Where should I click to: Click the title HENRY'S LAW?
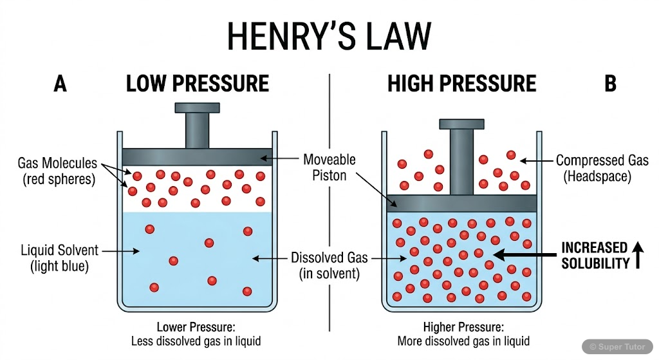tap(329, 36)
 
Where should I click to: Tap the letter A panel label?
tap(60, 84)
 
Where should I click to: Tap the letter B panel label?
tap(609, 84)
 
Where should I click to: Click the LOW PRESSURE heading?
tap(197, 84)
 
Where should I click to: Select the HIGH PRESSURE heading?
tap(461, 84)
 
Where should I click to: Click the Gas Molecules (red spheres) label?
tap(57, 171)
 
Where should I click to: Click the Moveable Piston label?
tap(329, 167)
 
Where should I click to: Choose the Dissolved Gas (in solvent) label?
tap(329, 265)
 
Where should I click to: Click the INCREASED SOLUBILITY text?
tap(594, 256)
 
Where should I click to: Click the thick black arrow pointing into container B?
tap(523, 256)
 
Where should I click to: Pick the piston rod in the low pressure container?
tap(196, 130)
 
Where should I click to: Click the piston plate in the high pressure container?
tap(461, 204)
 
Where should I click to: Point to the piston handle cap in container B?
tap(461, 123)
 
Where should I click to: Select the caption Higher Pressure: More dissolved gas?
tap(463, 334)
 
